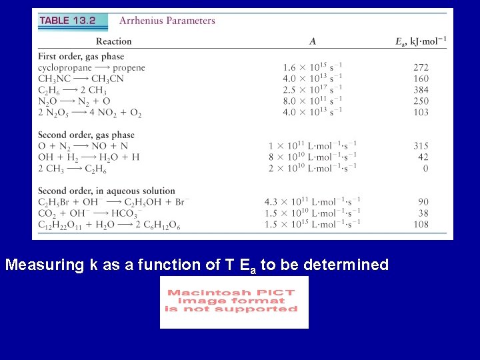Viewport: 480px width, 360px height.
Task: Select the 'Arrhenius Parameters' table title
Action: [167, 21]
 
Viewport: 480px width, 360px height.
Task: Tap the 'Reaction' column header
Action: [113, 41]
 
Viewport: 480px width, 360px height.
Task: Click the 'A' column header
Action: [313, 41]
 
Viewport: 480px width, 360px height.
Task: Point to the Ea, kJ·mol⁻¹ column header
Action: [421, 41]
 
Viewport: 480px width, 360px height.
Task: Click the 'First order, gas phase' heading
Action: [81, 57]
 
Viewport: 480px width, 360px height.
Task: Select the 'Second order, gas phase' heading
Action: [86, 135]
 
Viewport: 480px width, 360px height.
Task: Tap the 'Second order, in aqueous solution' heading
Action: [107, 191]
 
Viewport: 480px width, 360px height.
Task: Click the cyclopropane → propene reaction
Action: [91, 67]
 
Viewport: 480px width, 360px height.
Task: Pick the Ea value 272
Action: [421, 67]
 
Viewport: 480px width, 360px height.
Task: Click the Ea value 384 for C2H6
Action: [421, 90]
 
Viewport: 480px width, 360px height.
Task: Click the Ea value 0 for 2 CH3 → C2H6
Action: [425, 169]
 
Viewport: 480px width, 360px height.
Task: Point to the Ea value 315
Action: [421, 146]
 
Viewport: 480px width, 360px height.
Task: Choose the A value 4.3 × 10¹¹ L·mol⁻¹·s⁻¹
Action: [313, 202]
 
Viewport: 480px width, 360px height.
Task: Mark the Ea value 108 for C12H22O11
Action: [421, 225]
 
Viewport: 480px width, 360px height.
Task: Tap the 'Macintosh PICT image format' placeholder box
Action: [234, 302]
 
